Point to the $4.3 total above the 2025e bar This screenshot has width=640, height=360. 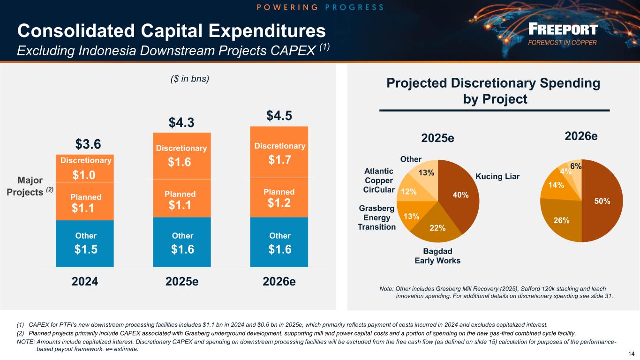pos(182,123)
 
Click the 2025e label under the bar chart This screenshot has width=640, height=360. pos(182,282)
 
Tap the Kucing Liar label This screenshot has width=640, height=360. pos(497,177)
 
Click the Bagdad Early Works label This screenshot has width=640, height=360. pos(437,256)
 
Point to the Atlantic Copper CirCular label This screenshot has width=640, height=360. pos(378,180)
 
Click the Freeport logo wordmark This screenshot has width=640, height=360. pos(563,30)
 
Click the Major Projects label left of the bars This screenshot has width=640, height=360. pos(31,187)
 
